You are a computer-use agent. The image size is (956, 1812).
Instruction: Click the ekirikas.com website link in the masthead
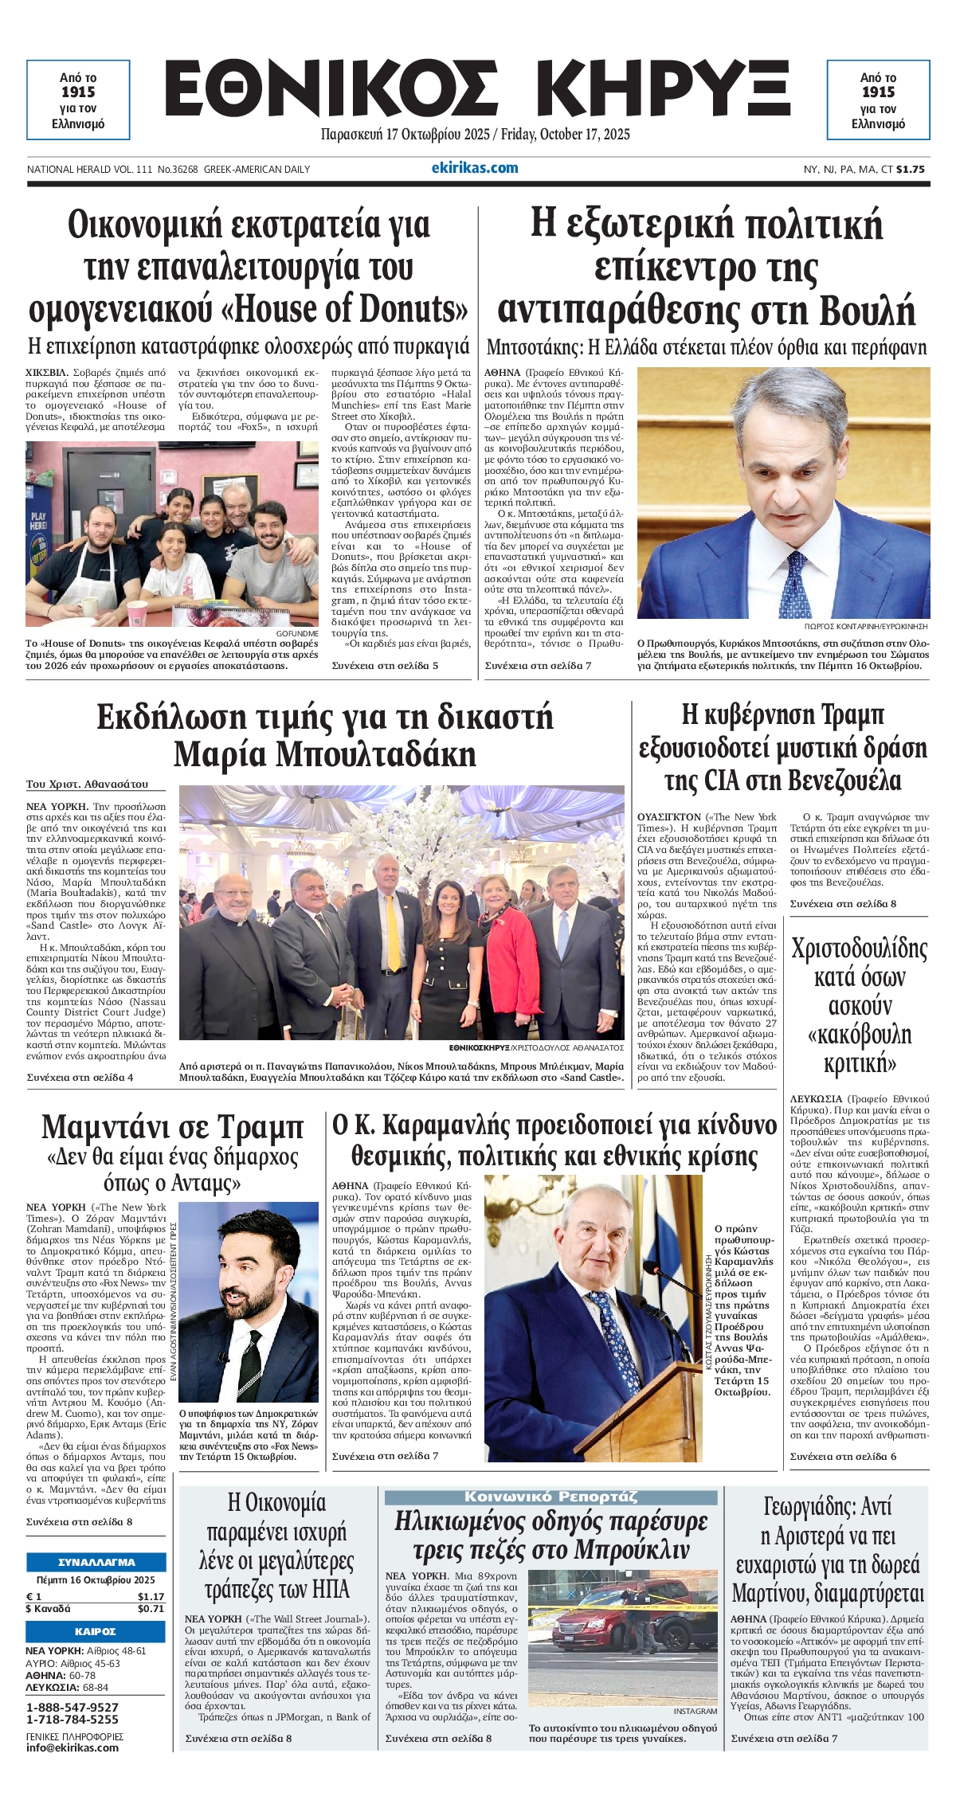coord(474,168)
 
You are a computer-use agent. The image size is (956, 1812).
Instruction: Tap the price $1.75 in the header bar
coord(910,169)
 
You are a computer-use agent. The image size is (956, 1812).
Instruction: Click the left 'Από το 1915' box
coord(78,100)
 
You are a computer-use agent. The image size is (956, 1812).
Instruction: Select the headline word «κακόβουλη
coord(859,1035)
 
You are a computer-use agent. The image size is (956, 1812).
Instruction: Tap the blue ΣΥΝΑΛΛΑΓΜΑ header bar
coord(96,1562)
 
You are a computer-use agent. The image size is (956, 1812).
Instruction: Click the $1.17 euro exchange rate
coord(151,1596)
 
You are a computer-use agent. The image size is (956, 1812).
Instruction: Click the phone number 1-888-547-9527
coord(72,1707)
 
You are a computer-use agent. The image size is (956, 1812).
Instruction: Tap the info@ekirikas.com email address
coord(72,1747)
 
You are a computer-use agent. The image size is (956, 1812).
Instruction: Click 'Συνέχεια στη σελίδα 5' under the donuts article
coord(385,666)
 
